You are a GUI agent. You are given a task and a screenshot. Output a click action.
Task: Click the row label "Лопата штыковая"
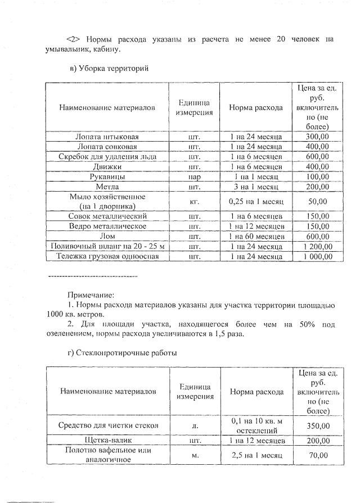coord(107,137)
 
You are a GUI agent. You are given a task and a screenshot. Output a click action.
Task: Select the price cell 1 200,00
coord(317,246)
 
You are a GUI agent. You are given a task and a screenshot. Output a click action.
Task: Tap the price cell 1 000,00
coord(317,256)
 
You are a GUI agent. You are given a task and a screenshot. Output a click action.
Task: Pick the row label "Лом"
coord(107,236)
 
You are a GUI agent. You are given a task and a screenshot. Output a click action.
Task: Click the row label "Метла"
coord(107,186)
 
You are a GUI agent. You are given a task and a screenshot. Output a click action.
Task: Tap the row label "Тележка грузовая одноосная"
coord(107,256)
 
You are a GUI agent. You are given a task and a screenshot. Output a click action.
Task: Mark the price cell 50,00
coord(317,201)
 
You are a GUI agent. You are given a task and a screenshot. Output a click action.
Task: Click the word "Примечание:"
coord(90,294)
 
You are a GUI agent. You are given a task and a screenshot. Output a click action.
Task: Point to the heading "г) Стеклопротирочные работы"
coord(122,353)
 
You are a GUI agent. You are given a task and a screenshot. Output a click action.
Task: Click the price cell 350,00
coord(318,425)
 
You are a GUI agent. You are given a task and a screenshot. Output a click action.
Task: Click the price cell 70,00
coord(318,455)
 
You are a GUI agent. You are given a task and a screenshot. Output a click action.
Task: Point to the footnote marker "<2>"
coord(74,39)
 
